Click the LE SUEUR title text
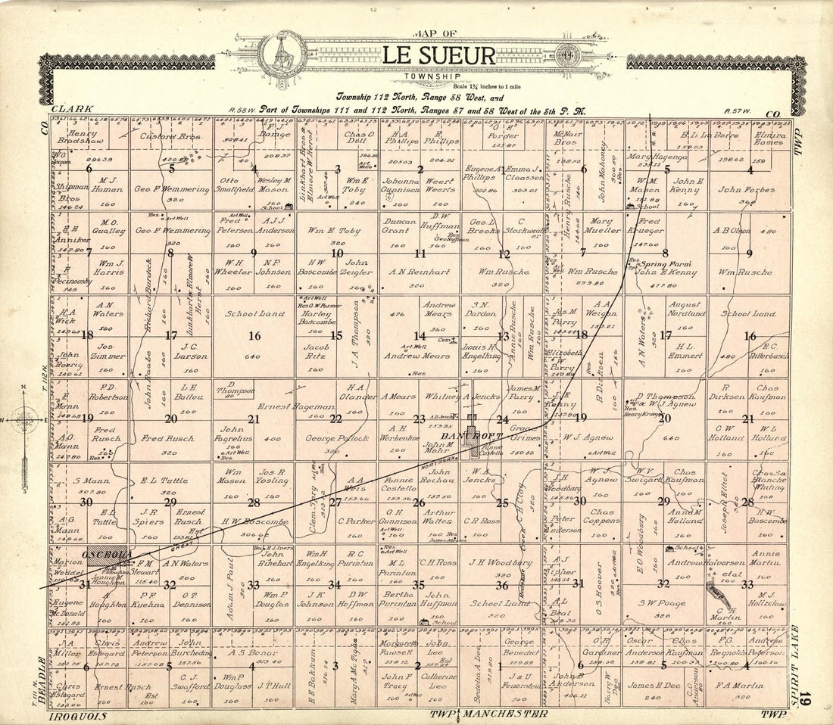click(x=439, y=56)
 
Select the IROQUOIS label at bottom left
click(x=76, y=715)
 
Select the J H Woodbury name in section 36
click(x=501, y=562)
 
